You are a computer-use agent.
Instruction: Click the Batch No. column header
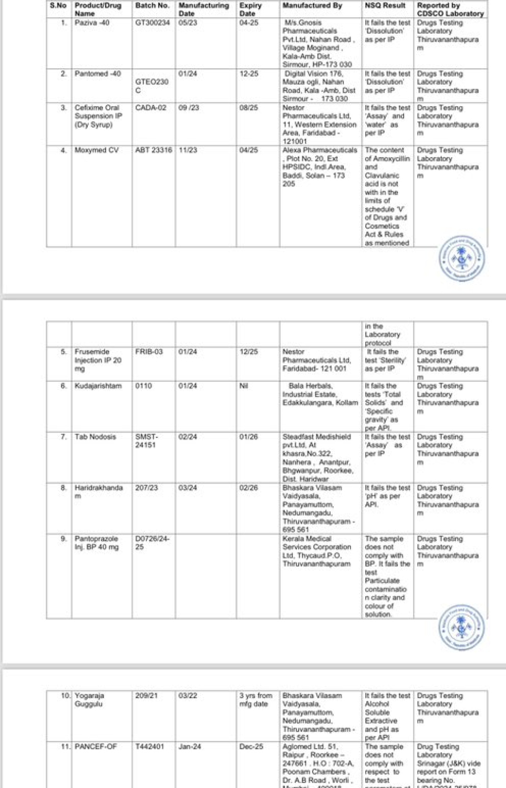pos(152,6)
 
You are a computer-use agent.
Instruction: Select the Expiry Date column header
pos(250,9)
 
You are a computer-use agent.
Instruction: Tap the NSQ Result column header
pos(385,6)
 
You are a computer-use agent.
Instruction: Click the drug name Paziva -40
pos(92,23)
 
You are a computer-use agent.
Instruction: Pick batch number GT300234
pos(152,23)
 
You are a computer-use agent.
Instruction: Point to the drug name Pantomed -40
pos(98,74)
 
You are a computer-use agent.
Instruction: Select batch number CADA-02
pos(150,108)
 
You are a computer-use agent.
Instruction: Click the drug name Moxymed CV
pos(97,150)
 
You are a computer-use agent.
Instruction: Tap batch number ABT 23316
pos(153,150)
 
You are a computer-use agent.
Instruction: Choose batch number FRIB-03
pos(149,352)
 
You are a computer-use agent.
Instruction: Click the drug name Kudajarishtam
pos(98,386)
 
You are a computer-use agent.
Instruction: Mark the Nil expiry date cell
pos(243,386)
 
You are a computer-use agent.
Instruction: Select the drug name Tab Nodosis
pos(95,437)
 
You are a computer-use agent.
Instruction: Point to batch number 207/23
pos(146,488)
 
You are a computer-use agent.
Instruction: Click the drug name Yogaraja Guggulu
pos(89,700)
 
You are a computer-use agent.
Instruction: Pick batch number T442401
pos(149,746)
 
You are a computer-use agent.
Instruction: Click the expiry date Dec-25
pos(251,746)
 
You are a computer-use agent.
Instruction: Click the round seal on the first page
pos(462,258)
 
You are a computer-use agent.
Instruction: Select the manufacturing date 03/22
pos(188,695)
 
